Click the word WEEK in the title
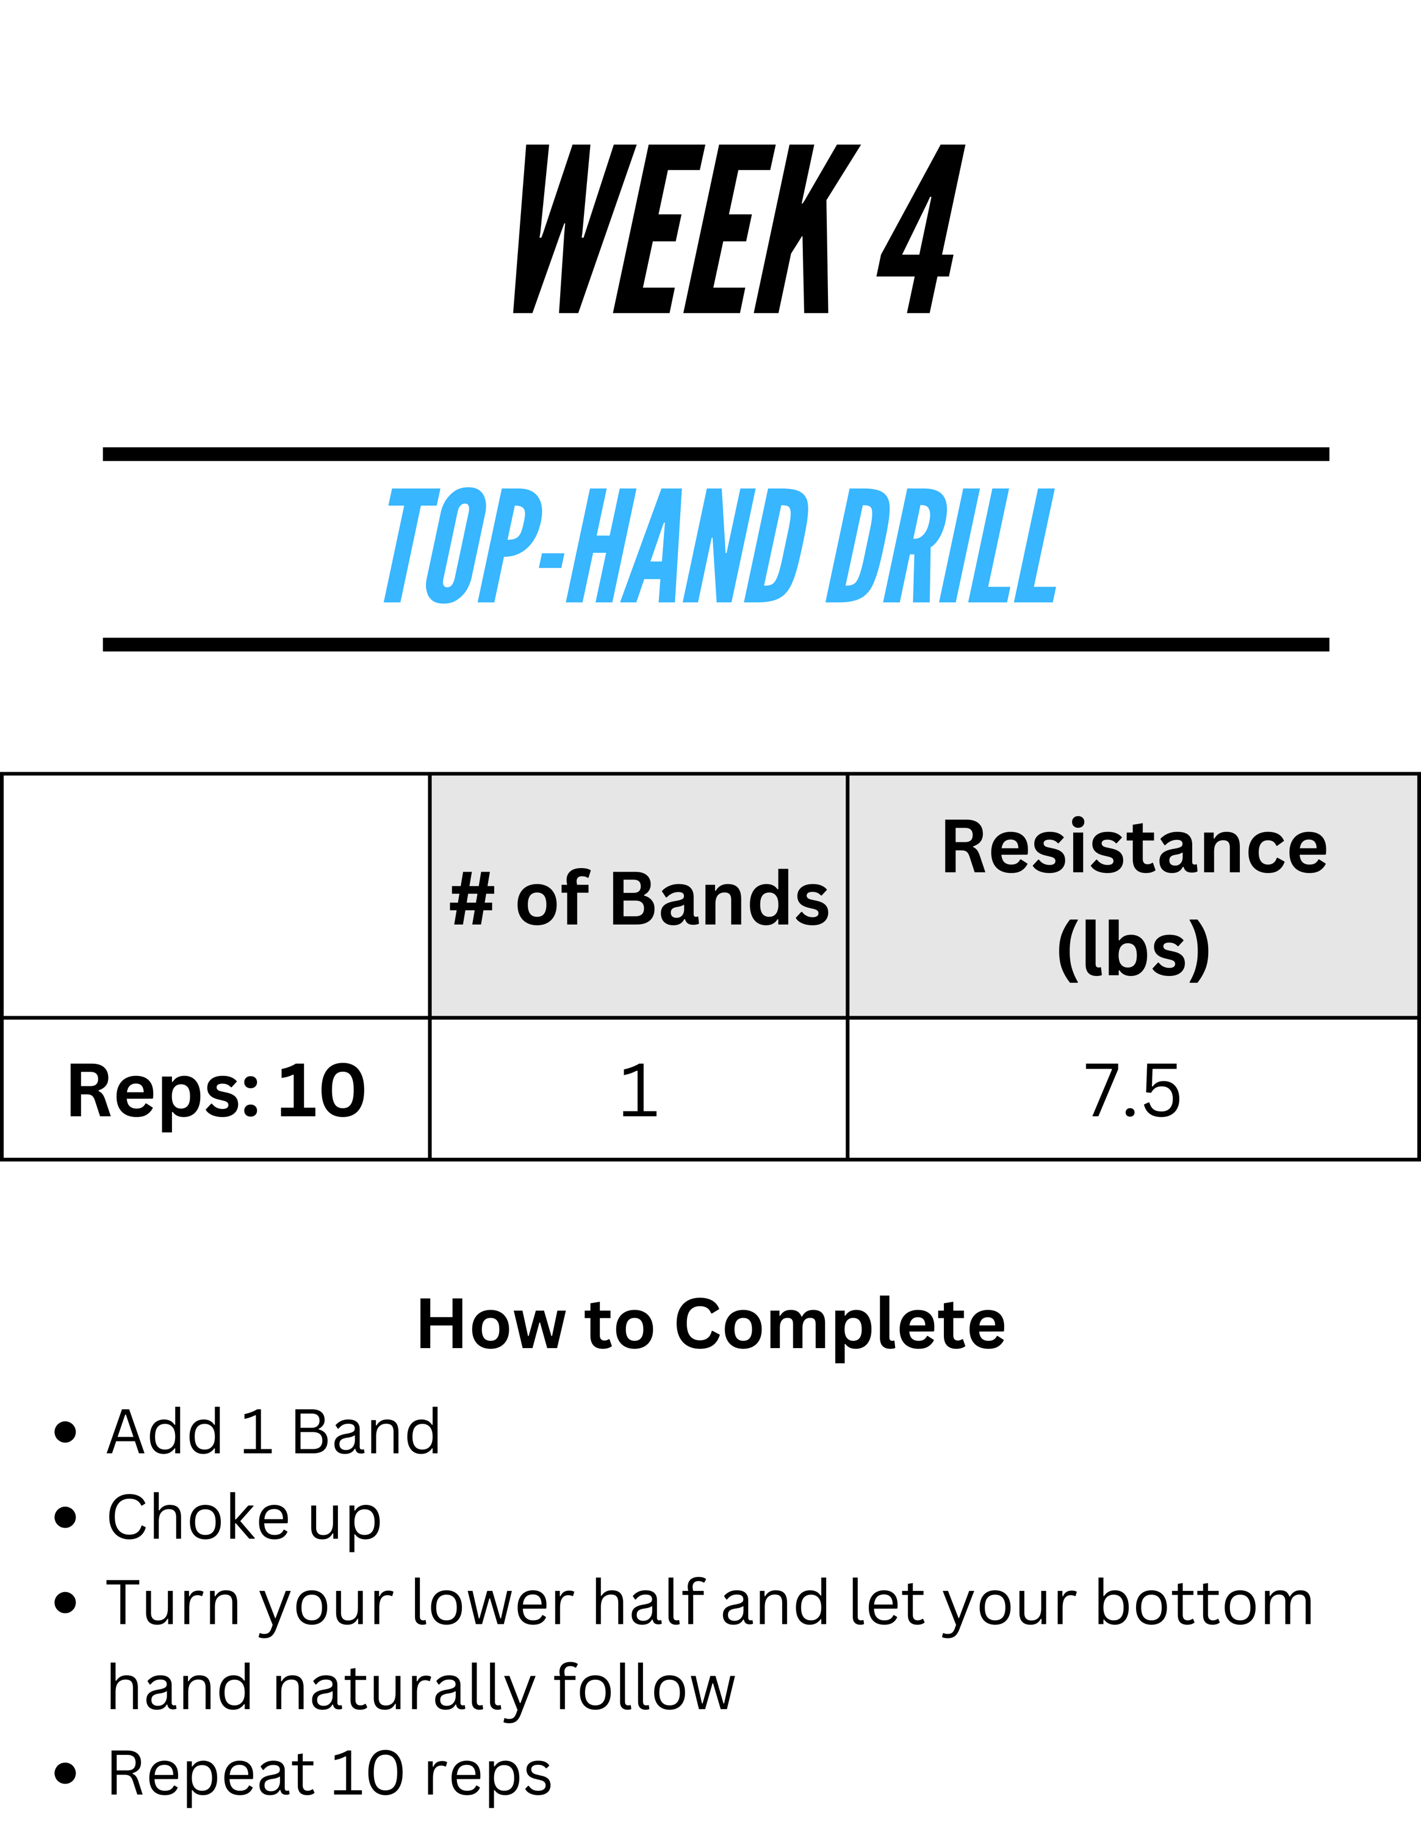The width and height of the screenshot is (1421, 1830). pos(686,229)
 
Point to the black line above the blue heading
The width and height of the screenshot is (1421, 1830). pos(716,454)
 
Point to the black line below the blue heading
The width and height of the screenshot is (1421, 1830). pos(716,644)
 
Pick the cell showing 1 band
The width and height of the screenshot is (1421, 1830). pos(638,1089)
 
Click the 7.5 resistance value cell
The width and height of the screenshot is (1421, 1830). pos(1134,1089)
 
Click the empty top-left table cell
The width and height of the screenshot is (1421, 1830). pos(216,895)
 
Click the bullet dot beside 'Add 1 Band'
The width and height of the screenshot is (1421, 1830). pos(65,1432)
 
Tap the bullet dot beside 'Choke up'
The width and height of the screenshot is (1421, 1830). pos(65,1518)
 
